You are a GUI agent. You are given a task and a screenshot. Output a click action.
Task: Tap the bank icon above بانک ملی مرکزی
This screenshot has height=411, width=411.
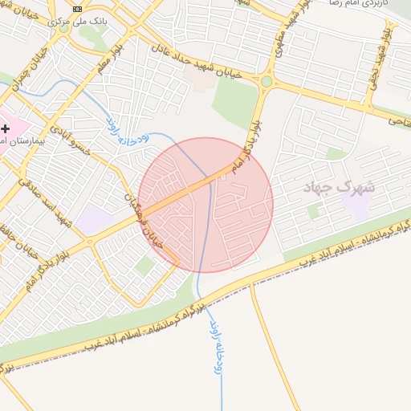coord(77,9)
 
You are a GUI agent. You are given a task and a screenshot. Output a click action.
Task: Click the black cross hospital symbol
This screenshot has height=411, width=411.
coord(6,128)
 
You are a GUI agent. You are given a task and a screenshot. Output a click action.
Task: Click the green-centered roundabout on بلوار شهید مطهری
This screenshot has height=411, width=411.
coord(267,81)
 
